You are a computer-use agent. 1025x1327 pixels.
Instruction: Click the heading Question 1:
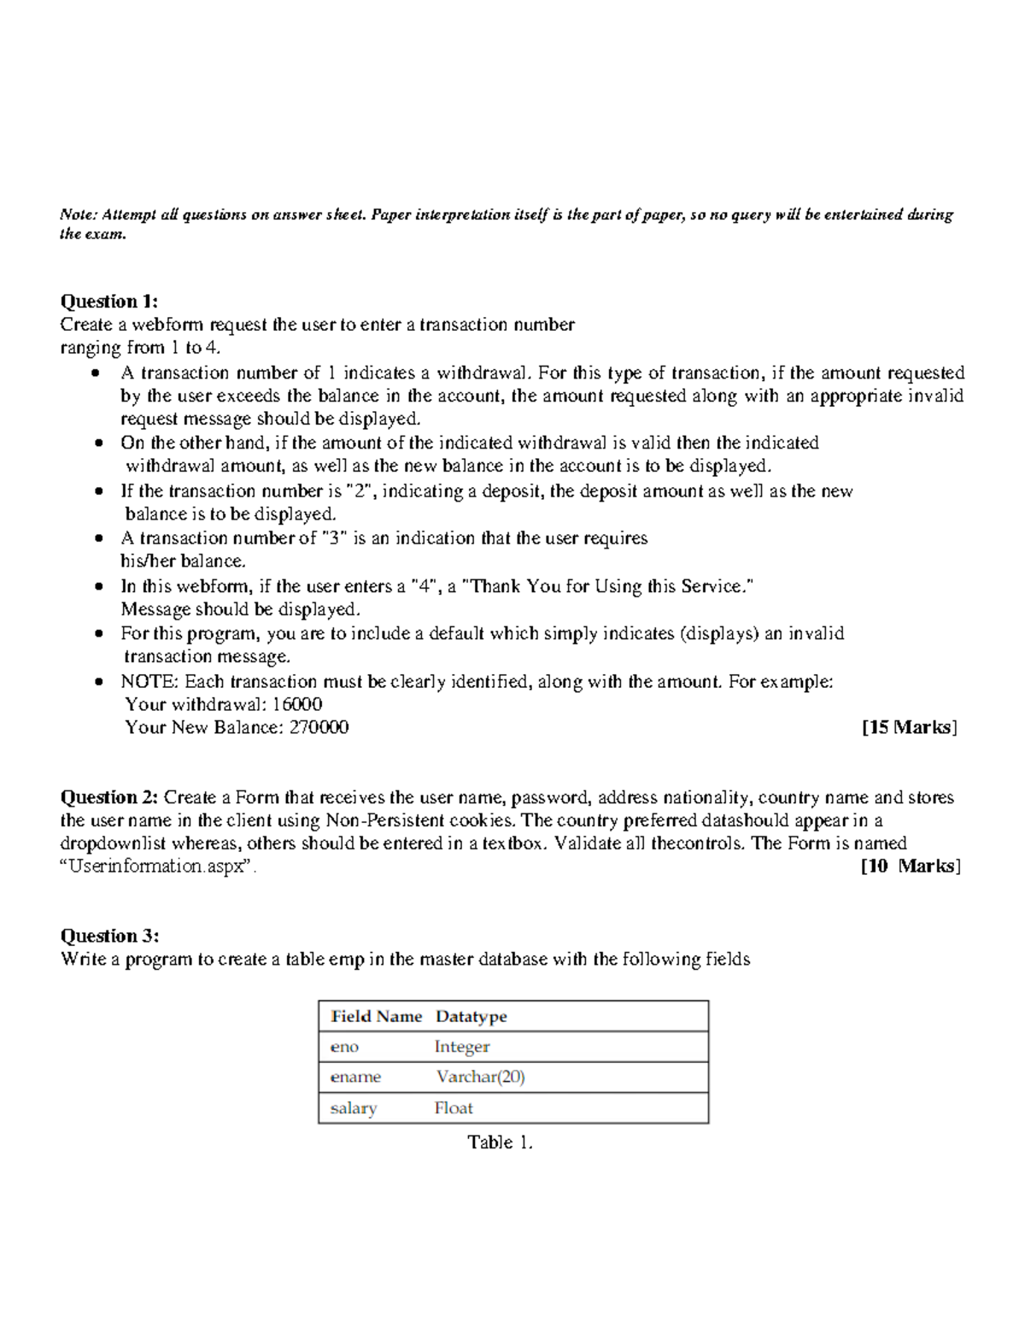coord(108,301)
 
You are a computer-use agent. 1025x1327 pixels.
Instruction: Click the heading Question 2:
coord(108,797)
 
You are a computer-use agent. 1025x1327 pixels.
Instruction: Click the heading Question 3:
coord(108,936)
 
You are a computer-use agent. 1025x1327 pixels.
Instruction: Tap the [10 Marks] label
coord(911,866)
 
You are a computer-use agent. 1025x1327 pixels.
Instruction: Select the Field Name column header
coord(376,1016)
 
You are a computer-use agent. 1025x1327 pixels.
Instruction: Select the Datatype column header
coord(471,1016)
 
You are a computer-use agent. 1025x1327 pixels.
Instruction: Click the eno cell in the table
coord(344,1047)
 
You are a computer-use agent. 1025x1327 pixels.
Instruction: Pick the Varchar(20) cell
coord(480,1077)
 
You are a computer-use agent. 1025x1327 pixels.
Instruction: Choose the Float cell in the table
coord(453,1107)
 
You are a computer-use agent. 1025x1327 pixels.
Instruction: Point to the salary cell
coord(353,1107)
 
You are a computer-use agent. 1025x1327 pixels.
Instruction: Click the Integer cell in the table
coord(461,1047)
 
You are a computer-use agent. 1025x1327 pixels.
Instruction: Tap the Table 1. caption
coord(500,1142)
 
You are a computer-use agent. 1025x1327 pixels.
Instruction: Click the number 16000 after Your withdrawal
coord(296,704)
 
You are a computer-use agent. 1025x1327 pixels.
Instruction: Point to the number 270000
coord(319,727)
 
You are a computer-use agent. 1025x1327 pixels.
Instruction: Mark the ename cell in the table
coord(355,1077)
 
